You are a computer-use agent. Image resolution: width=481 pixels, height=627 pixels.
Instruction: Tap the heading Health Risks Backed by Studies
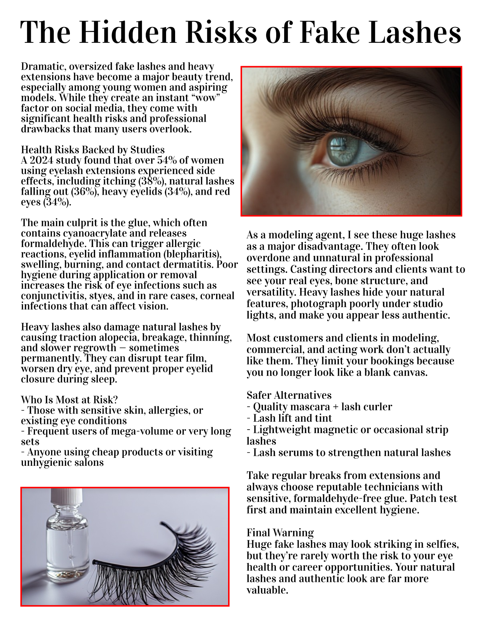pos(93,150)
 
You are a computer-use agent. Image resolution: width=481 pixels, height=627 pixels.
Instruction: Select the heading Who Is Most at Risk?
pos(70,400)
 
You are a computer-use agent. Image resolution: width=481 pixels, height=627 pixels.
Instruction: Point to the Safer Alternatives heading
pos(289,395)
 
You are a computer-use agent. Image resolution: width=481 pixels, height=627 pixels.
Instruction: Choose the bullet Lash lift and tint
pos(292,418)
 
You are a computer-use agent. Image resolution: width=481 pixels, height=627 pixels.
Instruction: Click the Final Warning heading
pos(280,533)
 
